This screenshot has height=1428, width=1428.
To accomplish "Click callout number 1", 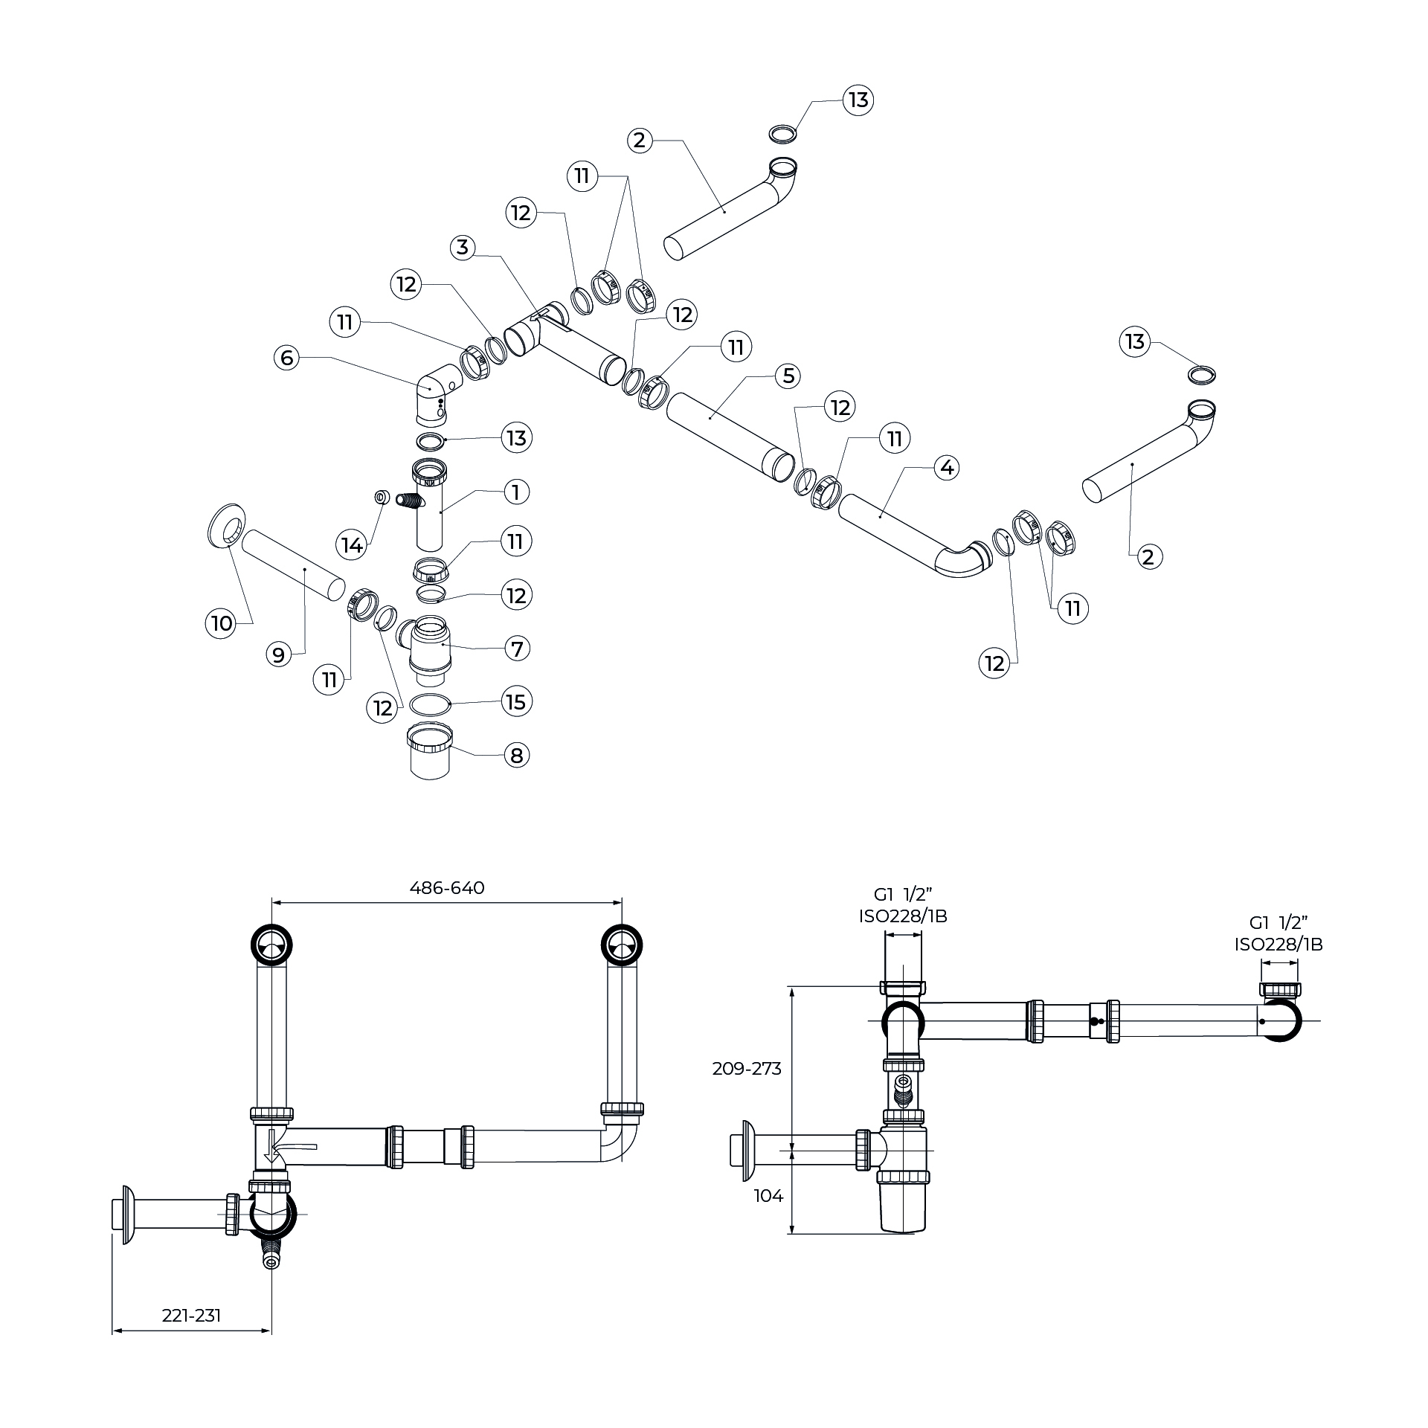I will [516, 492].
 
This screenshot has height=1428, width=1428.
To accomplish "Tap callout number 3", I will [463, 247].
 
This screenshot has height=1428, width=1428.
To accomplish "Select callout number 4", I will [946, 467].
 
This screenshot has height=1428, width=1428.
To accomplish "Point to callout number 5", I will [788, 376].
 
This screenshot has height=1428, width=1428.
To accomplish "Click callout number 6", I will [287, 358].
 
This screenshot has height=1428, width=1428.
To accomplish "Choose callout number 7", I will [516, 648].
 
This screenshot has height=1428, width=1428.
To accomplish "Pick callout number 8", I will [516, 756].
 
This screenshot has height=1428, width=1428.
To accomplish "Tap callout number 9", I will [278, 654].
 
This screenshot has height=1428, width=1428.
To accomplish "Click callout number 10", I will [222, 623].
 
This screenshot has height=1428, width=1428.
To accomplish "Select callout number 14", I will [352, 545].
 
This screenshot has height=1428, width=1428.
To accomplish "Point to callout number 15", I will [516, 701].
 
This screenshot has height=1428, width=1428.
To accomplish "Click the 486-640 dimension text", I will [447, 887].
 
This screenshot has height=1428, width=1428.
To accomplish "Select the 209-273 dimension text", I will [747, 1068].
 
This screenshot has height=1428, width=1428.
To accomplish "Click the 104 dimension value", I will [768, 1196].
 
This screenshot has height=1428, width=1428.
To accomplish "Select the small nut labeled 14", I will [381, 496].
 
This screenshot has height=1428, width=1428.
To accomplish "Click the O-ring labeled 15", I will [431, 703].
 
